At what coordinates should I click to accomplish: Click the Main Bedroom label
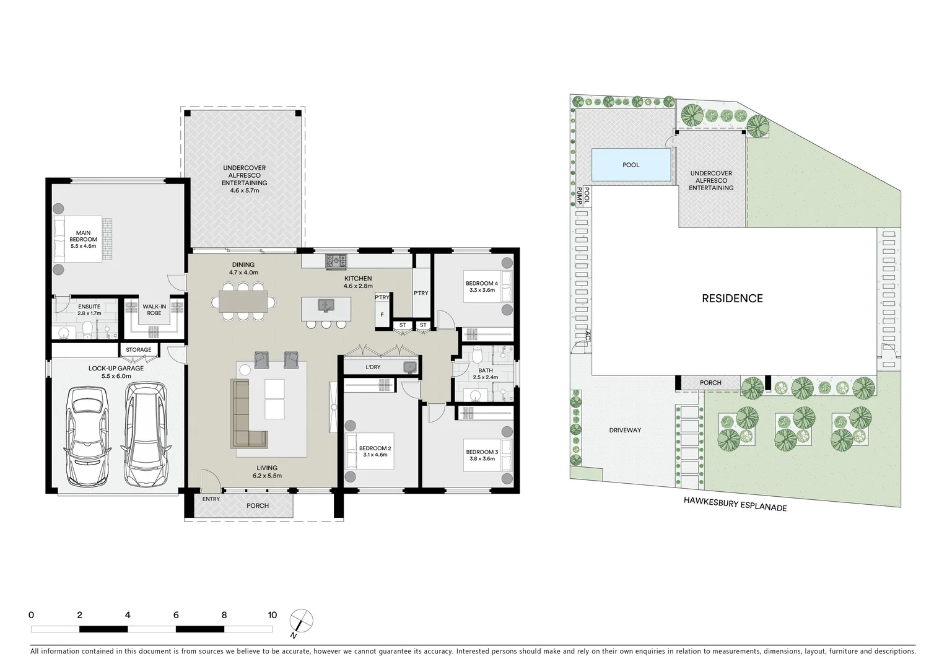tap(83, 236)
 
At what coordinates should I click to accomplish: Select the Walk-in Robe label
tap(154, 309)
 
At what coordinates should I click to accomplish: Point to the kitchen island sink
tap(325, 305)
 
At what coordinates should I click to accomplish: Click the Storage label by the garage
tap(139, 350)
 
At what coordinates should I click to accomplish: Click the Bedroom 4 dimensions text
tap(481, 290)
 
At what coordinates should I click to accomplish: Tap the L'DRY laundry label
tap(373, 367)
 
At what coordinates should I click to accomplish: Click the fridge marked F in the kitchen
tap(382, 315)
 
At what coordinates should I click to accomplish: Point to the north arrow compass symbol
tap(301, 621)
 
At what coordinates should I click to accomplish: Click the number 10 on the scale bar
tap(272, 615)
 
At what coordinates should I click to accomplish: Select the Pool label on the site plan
tap(631, 165)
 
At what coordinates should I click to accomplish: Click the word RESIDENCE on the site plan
tap(732, 299)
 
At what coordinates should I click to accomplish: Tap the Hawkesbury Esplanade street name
tap(735, 504)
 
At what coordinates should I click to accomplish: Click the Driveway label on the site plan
tap(624, 430)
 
